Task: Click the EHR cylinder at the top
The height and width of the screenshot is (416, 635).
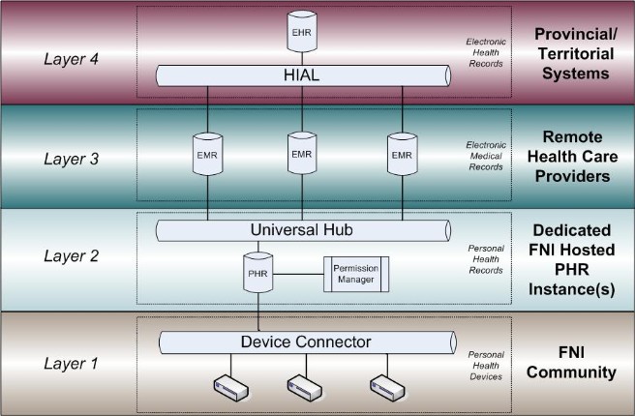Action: [x=302, y=31]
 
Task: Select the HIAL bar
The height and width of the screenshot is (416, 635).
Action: [x=302, y=75]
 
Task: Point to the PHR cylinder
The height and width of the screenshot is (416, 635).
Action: [x=257, y=274]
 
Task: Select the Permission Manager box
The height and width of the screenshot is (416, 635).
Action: [x=355, y=275]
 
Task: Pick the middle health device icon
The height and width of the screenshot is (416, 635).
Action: [x=305, y=387]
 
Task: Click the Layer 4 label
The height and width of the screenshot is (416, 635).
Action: [x=72, y=58]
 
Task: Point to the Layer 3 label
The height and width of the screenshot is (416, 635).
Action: [x=72, y=161]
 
